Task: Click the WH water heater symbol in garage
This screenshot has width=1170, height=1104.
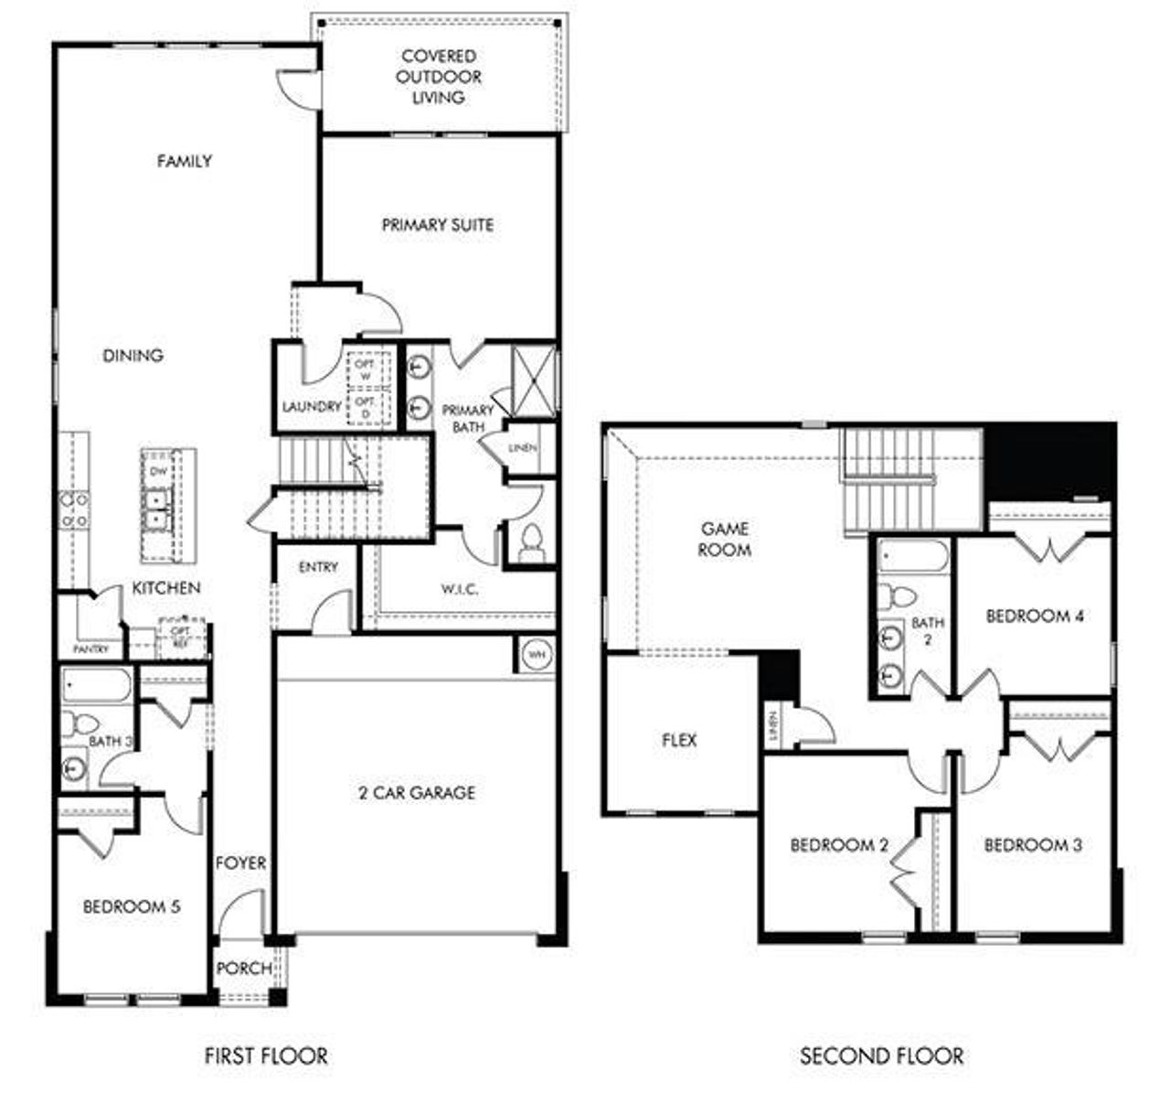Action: (x=536, y=656)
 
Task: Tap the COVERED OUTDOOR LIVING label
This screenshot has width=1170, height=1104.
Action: (x=439, y=77)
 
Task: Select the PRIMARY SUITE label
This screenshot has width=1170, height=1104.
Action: (x=438, y=225)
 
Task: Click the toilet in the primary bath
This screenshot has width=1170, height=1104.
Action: (x=529, y=545)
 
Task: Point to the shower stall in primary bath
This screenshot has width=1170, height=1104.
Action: (x=533, y=380)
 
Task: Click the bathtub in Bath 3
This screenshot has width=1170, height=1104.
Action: (x=96, y=685)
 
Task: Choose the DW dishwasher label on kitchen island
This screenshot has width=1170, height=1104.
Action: (x=158, y=472)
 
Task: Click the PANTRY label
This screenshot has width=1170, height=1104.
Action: (x=90, y=649)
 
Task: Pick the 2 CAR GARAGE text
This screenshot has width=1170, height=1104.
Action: (x=417, y=793)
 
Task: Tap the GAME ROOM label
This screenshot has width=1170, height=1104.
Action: (x=725, y=540)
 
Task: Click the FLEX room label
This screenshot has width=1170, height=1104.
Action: (x=679, y=740)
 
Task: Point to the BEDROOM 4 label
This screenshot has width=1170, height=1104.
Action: (x=1035, y=616)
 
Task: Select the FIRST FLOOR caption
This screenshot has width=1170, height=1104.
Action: (x=265, y=1056)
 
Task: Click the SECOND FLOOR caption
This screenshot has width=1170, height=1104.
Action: (x=881, y=1056)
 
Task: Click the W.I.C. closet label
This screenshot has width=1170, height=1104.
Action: (x=460, y=590)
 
